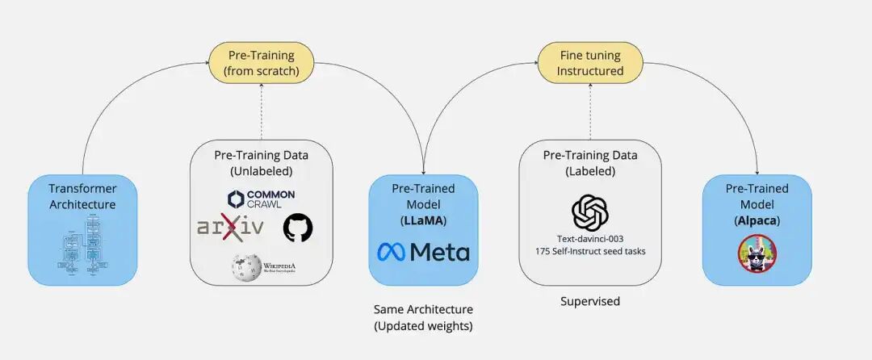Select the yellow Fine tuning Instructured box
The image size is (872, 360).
point(590,64)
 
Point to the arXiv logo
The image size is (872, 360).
point(230,227)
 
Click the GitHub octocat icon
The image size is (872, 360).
point(297,228)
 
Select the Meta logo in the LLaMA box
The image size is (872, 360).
point(423,252)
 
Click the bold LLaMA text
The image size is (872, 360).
point(423,220)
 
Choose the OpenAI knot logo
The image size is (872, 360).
point(590,213)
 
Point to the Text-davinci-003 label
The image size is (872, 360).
point(590,239)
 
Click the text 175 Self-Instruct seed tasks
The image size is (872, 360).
point(590,251)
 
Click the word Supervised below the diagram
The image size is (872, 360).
point(590,301)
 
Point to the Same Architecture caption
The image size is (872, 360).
point(423,309)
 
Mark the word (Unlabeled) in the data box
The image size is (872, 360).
point(261,170)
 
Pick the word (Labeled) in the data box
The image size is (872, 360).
point(590,170)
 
